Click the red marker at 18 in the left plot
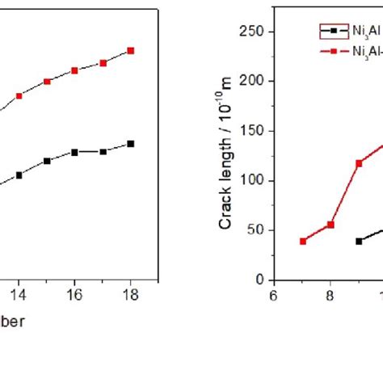[131, 50]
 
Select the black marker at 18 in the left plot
[131, 144]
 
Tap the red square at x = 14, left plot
[19, 95]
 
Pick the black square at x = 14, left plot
[19, 175]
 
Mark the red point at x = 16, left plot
[74, 70]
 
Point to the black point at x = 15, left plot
[47, 161]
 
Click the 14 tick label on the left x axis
[19, 296]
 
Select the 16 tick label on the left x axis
[74, 296]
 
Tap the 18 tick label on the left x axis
[130, 296]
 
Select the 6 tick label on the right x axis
[275, 296]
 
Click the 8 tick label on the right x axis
[330, 296]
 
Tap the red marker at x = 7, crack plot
[303, 242]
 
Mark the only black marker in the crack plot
[359, 242]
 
